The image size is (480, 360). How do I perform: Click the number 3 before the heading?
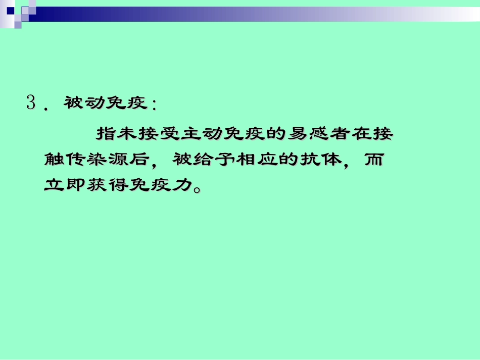pos(31,104)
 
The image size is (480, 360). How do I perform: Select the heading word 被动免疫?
pos(105,104)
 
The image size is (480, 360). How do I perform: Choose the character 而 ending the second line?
pos(375,160)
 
